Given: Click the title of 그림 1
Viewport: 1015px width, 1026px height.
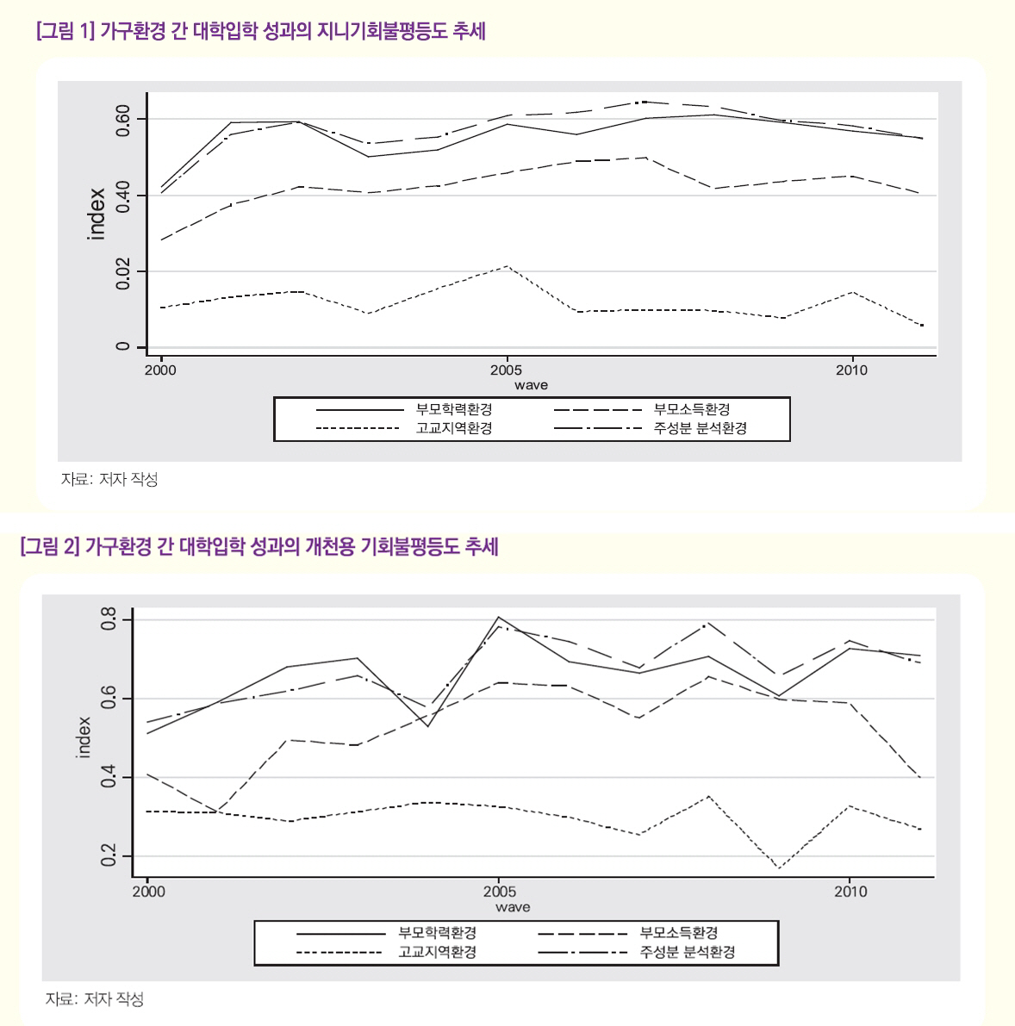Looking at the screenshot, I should (x=262, y=33).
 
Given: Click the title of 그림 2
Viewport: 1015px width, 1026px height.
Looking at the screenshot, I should (x=258, y=546).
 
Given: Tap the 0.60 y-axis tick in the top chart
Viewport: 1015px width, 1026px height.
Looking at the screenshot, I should (x=122, y=120).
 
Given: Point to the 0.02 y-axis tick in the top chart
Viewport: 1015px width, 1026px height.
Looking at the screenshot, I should (x=122, y=272).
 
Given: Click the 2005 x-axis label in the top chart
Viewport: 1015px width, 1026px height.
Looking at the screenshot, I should (x=507, y=370).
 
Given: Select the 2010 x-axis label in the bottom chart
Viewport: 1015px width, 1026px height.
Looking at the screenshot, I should (x=850, y=892).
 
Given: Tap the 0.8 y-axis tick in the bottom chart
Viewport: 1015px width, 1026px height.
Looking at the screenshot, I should (x=109, y=619).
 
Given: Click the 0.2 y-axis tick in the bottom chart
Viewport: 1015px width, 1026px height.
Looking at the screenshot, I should (x=109, y=856).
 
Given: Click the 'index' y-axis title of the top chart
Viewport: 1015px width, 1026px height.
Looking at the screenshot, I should (x=97, y=215).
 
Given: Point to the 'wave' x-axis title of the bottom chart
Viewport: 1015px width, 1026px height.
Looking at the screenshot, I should (x=513, y=907).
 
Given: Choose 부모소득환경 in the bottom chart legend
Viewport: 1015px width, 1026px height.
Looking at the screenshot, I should (x=679, y=933).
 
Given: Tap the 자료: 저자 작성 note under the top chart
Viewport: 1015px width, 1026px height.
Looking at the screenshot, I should (x=109, y=480).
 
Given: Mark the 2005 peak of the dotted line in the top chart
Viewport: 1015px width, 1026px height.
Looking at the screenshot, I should (x=507, y=266).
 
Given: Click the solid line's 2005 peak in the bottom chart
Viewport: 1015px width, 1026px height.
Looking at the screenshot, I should (x=499, y=617).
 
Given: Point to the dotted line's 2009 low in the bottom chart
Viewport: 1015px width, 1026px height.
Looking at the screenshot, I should (x=780, y=868).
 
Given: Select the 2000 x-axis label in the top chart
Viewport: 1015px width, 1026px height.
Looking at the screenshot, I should (x=160, y=370).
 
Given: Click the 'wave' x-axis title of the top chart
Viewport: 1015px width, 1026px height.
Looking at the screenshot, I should (x=531, y=385).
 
